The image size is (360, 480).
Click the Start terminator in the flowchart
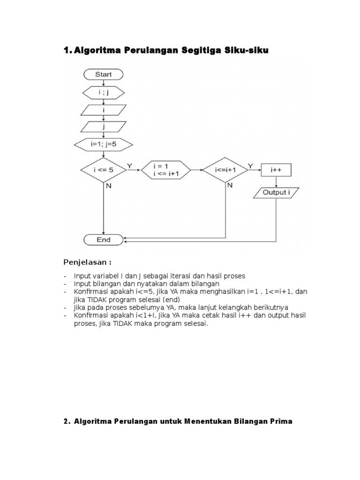click(x=103, y=74)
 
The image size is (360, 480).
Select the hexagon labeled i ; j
click(x=103, y=92)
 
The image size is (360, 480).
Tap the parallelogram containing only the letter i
click(x=103, y=110)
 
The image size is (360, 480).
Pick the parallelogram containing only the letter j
click(x=103, y=127)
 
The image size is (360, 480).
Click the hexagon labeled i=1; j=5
click(x=103, y=144)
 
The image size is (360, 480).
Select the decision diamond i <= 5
click(x=103, y=170)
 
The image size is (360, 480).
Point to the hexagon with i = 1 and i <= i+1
click(x=165, y=170)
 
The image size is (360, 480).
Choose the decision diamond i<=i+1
click(x=225, y=170)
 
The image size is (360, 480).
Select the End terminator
click(x=103, y=240)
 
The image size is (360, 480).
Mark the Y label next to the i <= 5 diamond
click(x=130, y=165)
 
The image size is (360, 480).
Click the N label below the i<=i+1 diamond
click(x=230, y=186)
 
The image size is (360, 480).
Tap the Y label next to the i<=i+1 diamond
click(x=250, y=165)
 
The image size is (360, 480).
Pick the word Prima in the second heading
click(x=281, y=421)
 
